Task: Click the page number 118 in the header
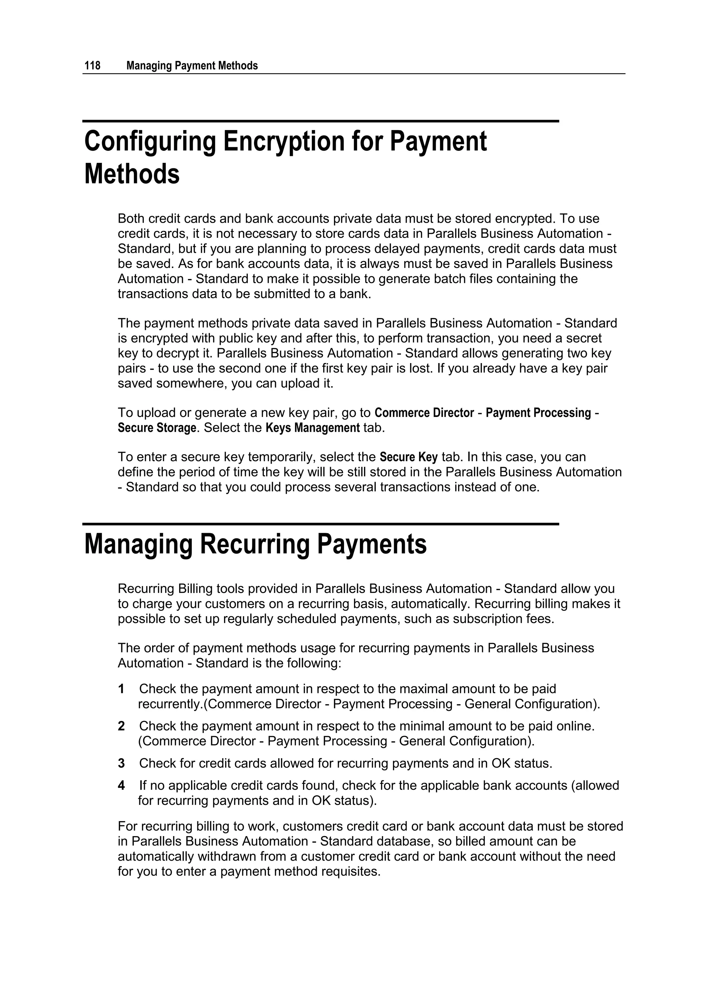point(92,66)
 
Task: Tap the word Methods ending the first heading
point(132,174)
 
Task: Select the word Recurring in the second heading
point(254,545)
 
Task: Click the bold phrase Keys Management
point(313,428)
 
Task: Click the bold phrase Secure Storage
point(157,428)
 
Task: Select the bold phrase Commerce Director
point(424,413)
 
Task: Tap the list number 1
point(121,689)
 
